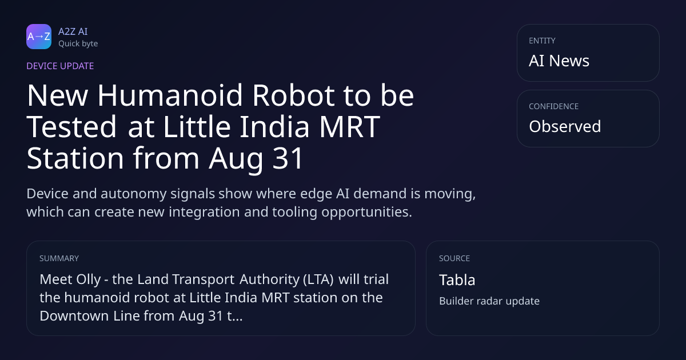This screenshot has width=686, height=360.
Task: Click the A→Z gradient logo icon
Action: pos(39,37)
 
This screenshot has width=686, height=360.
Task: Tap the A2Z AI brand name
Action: pos(73,31)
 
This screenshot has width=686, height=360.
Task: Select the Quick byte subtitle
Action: pos(78,44)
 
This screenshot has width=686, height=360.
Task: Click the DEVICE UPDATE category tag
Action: pos(60,66)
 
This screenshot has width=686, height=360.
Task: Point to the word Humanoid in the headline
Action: pos(170,95)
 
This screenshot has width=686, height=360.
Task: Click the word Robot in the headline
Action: pos(293,95)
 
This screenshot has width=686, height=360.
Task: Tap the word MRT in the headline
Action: pos(349,127)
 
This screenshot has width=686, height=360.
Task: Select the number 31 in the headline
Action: pos(288,158)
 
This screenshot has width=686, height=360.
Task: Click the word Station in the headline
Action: pos(75,158)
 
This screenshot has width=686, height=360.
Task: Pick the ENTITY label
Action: pos(542,41)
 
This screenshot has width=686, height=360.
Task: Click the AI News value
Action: pos(559,61)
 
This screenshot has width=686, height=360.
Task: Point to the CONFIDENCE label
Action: pos(554,106)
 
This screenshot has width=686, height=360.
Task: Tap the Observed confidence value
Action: pos(565,126)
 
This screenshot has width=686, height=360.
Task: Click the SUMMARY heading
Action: pos(59,258)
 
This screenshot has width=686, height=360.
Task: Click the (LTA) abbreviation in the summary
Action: pos(318,279)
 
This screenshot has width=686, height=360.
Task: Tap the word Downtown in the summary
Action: pos(74,315)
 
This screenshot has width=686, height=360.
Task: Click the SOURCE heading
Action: pos(454,258)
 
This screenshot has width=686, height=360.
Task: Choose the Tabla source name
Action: pos(457,280)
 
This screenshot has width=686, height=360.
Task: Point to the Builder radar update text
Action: pos(489,301)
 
